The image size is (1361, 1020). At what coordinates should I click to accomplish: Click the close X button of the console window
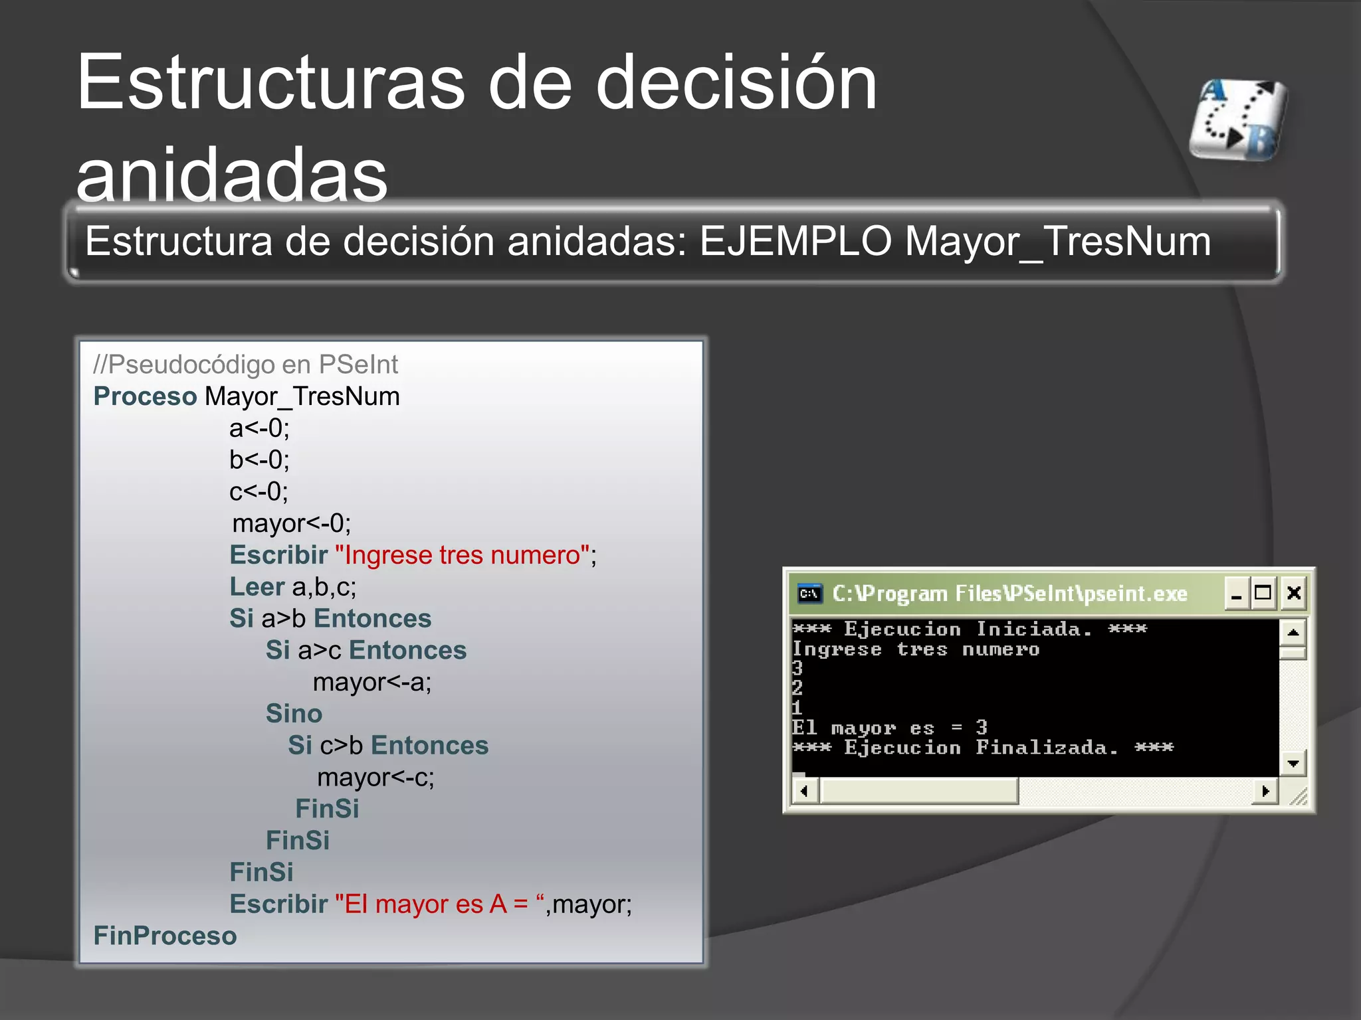(1293, 593)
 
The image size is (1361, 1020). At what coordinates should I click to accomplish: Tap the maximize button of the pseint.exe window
(1263, 593)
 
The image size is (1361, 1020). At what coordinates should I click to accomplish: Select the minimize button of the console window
(1236, 593)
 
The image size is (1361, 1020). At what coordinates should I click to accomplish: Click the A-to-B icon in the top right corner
(1239, 120)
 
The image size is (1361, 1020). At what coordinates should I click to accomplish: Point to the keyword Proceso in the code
(145, 396)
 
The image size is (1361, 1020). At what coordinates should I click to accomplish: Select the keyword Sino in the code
(294, 714)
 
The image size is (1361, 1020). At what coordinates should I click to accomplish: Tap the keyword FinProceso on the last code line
(165, 936)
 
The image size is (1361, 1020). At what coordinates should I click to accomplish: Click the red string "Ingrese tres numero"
(463, 555)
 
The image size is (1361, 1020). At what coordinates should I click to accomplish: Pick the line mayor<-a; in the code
(372, 682)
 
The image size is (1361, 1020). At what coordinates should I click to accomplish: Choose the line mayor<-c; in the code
(375, 777)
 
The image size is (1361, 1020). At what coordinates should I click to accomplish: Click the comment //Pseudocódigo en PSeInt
(245, 365)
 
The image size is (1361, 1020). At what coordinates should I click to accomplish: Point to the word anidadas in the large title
(232, 174)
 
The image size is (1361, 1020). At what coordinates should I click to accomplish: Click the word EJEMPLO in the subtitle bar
(795, 241)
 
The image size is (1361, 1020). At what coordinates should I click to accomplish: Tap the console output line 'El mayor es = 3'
(889, 728)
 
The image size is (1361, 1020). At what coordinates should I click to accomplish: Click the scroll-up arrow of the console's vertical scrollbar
(1293, 632)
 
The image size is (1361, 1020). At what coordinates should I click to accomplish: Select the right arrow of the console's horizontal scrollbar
(1265, 791)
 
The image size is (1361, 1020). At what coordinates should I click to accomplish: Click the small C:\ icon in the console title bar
(809, 593)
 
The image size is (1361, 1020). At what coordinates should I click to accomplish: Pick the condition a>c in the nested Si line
(320, 651)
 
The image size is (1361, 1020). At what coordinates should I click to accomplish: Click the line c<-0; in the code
(259, 492)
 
